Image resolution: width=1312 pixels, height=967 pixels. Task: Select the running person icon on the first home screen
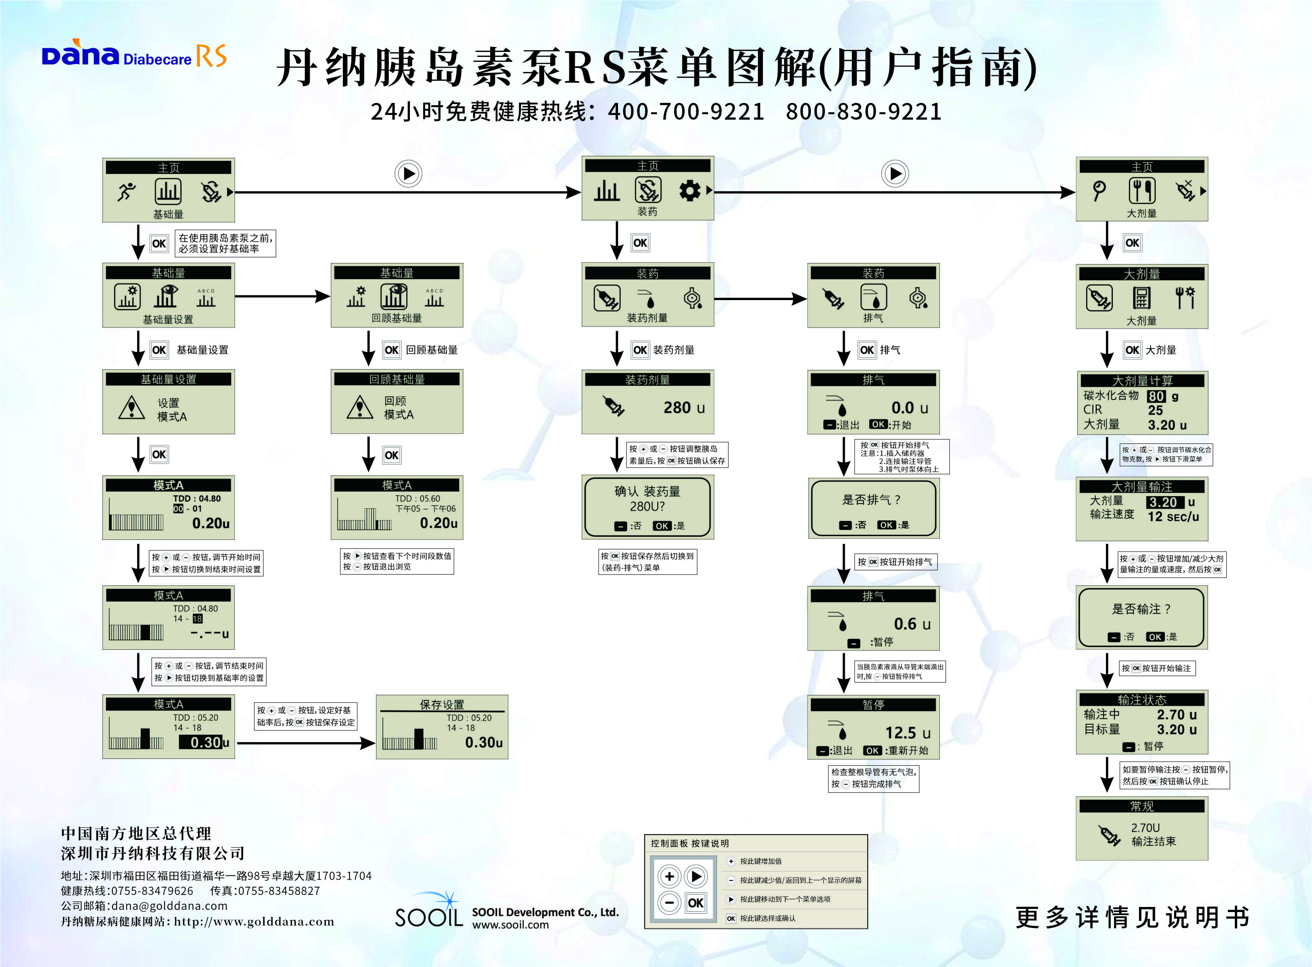126,191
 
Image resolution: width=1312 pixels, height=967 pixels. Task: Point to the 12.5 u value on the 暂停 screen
907,733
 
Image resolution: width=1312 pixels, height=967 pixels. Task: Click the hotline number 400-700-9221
686,111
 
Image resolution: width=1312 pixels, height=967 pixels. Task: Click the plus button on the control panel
669,876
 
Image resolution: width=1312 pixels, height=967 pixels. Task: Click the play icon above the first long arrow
408,174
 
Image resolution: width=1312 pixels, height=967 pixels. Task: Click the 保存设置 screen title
442,704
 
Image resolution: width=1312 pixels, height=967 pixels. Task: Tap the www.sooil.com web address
510,925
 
